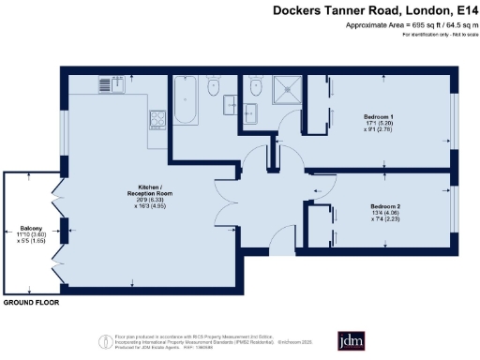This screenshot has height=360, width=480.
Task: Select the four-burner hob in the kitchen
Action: [x=155, y=118]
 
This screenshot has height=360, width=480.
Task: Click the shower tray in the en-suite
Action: [x=285, y=90]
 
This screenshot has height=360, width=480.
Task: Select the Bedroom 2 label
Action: [x=385, y=206]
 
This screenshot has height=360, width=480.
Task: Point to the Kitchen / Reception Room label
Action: [x=127, y=191]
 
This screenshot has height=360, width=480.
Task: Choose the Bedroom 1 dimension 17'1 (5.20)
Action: [x=381, y=123]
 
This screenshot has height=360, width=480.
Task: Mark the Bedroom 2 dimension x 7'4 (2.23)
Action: [x=385, y=220]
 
